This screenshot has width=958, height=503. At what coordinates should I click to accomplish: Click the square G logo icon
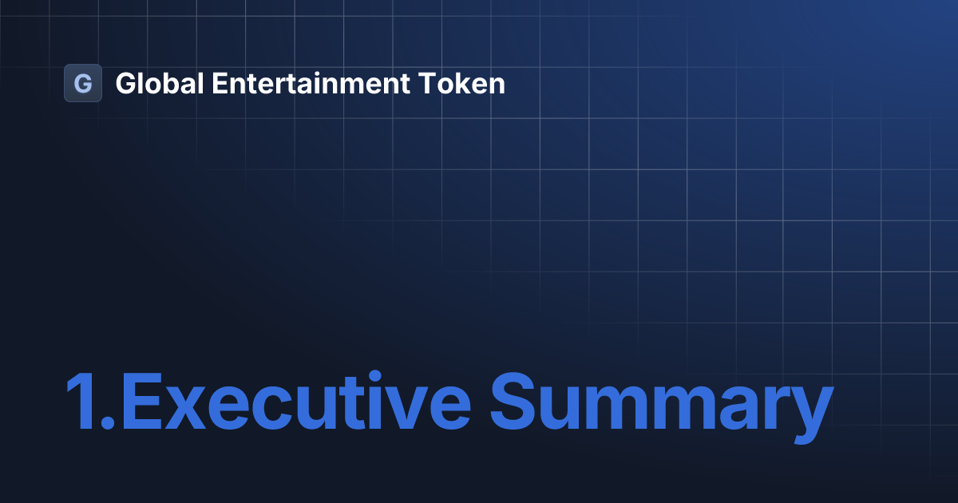pyautogui.click(x=83, y=83)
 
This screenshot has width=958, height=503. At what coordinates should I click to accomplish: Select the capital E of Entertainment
pyautogui.click(x=219, y=83)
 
